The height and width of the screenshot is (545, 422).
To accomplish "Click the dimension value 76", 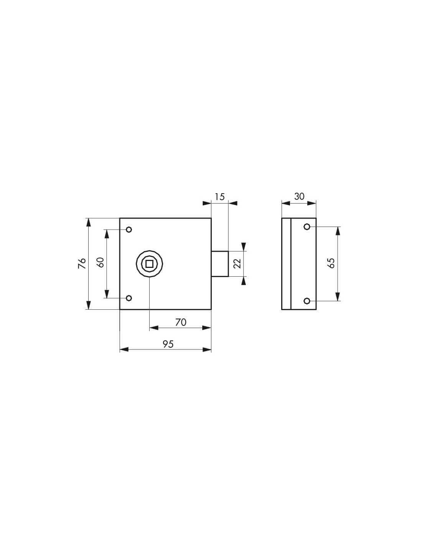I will click(82, 263).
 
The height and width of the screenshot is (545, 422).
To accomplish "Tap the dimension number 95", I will click(168, 344).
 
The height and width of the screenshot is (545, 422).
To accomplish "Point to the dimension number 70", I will click(180, 322).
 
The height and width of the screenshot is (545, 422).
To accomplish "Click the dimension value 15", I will click(219, 197).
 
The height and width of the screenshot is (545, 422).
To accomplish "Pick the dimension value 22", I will click(237, 263).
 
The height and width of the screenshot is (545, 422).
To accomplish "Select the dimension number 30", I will click(299, 197).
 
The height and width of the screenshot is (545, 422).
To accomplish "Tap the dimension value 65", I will click(332, 263).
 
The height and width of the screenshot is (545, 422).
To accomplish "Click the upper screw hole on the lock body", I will click(129, 230).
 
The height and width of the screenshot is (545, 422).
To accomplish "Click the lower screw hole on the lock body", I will click(129, 298).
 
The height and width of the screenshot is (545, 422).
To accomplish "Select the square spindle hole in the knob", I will click(149, 264).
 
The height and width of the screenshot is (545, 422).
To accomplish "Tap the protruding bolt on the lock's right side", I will click(220, 264).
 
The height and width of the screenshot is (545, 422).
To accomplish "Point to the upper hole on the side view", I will click(307, 227).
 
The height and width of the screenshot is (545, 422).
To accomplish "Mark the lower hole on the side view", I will click(307, 301).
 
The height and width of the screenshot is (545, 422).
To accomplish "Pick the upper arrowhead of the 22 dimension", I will click(244, 246).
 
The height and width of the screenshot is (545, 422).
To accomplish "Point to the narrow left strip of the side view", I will click(286, 264).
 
